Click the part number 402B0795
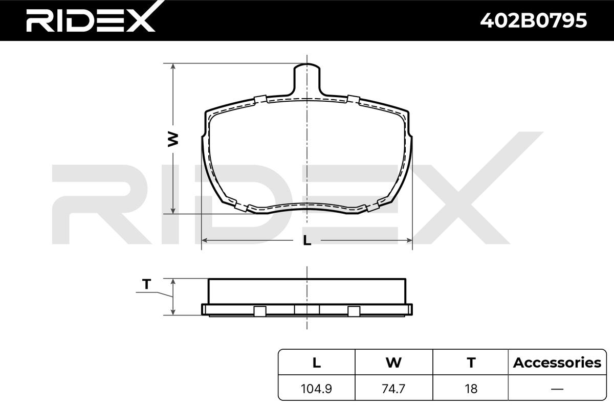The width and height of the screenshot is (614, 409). click(x=533, y=20)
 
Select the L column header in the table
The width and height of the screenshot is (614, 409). click(x=317, y=362)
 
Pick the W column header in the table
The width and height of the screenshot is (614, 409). click(x=393, y=362)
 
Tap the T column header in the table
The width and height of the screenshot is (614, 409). click(x=471, y=362)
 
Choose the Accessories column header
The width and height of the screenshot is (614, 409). click(x=557, y=362)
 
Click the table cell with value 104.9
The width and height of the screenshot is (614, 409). click(x=316, y=389)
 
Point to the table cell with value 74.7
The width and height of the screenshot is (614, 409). click(x=393, y=389)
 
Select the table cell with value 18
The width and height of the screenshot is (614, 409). click(x=471, y=389)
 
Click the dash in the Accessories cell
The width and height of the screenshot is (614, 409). click(x=557, y=389)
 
